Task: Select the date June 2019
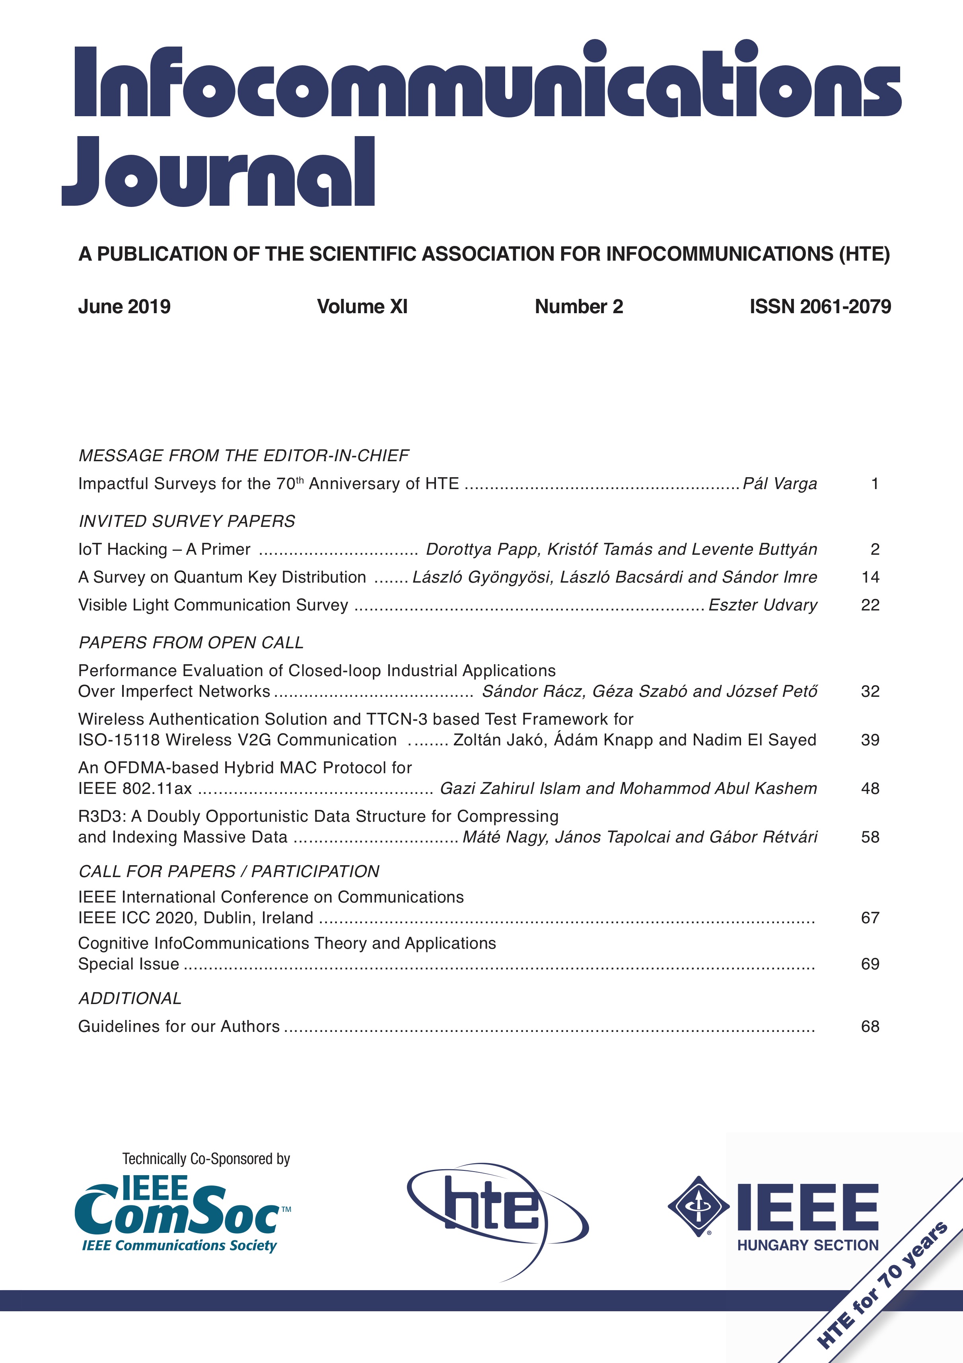pyautogui.click(x=124, y=306)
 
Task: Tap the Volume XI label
pyautogui.click(x=362, y=306)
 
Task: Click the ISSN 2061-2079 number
pyautogui.click(x=820, y=306)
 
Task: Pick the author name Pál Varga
pyautogui.click(x=780, y=484)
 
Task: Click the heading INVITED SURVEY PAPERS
pyautogui.click(x=187, y=521)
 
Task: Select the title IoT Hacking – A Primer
pyautogui.click(x=164, y=549)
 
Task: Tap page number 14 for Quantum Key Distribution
pyautogui.click(x=870, y=577)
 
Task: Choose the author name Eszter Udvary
pyautogui.click(x=763, y=605)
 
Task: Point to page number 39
pyautogui.click(x=870, y=740)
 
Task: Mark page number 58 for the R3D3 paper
pyautogui.click(x=870, y=837)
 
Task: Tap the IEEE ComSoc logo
pyautogui.click(x=181, y=1211)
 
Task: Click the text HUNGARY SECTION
pyautogui.click(x=807, y=1246)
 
